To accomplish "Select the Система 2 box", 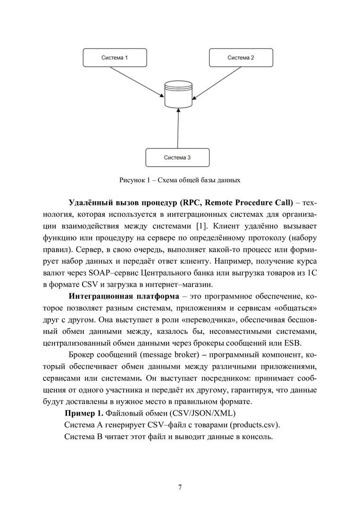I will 241,58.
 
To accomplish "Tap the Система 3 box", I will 177,157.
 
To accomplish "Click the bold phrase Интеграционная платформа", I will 124,297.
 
